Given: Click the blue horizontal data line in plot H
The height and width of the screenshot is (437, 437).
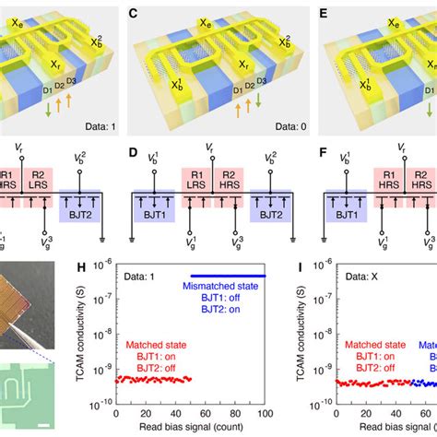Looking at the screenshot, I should pyautogui.click(x=227, y=276).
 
